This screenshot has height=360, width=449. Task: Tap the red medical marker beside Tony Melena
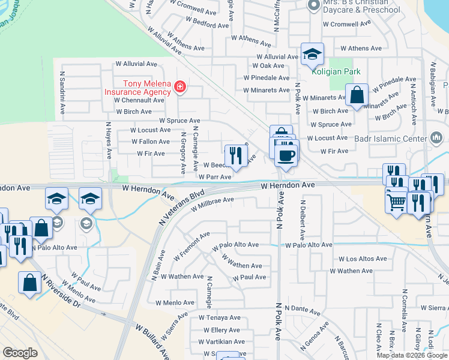click(179, 88)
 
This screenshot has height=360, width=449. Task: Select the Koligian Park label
click(336, 71)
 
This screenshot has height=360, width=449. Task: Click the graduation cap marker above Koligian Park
click(312, 55)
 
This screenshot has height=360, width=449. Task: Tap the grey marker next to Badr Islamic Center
click(436, 138)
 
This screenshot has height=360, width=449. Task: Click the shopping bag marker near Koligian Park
click(357, 95)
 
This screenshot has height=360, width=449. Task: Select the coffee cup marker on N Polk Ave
click(286, 155)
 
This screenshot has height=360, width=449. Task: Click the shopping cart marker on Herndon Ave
click(396, 203)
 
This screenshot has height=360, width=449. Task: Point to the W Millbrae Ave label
click(212, 205)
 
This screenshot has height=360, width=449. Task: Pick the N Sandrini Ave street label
click(62, 94)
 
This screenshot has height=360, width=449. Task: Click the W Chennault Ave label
click(139, 100)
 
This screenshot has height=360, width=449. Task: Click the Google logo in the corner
click(20, 352)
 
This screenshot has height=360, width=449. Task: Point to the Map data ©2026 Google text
click(412, 355)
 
